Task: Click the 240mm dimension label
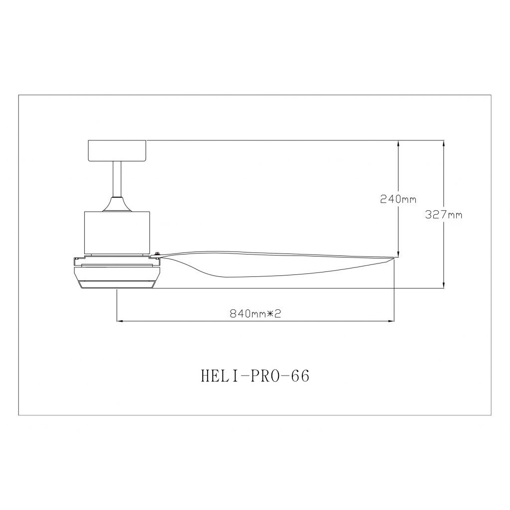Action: point(398,199)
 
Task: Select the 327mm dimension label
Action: point(444,215)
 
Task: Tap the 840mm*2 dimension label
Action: point(255,314)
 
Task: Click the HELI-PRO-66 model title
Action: point(255,376)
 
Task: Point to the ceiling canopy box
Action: point(118,151)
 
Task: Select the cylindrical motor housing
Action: point(117,233)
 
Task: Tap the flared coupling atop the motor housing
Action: point(117,205)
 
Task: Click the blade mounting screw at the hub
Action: point(157,254)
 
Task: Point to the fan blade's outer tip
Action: point(394,258)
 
